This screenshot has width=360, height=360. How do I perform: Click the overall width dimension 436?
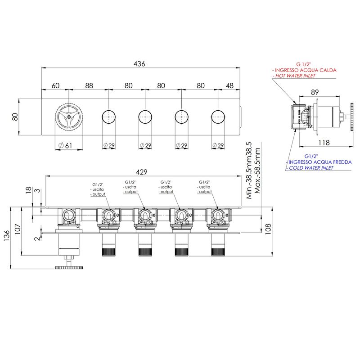[139, 63]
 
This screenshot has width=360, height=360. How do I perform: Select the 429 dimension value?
[141, 172]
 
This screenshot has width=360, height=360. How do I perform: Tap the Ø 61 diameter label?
[65, 145]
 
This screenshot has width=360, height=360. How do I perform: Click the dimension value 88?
[89, 85]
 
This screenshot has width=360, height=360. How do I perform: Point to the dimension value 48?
[229, 85]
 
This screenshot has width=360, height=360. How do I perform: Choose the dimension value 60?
[55, 85]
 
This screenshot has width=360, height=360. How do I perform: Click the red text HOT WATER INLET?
[295, 76]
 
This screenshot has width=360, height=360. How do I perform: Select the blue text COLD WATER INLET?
[311, 168]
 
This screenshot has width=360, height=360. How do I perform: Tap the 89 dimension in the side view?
[315, 92]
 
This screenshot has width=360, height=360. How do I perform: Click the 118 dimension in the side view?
[324, 143]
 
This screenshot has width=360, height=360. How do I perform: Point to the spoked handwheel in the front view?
[69, 117]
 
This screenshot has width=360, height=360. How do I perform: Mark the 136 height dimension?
[7, 235]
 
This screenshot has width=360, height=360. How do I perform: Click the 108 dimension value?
[268, 229]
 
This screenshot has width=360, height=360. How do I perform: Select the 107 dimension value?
[18, 229]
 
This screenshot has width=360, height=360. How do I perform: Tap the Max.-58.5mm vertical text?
[257, 171]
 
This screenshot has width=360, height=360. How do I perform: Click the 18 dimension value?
[28, 190]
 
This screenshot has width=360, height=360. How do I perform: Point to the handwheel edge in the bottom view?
[69, 268]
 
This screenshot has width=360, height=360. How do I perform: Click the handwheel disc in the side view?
[352, 117]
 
